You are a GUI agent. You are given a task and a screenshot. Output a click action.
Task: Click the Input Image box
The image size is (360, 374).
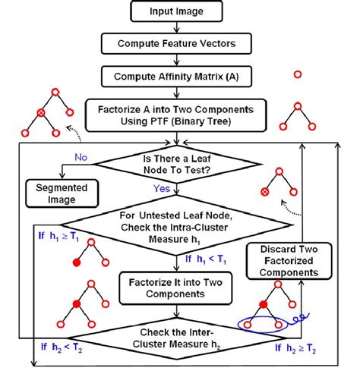[x=176, y=12]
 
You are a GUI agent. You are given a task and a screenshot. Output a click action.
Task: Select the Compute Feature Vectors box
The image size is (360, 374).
[x=176, y=44]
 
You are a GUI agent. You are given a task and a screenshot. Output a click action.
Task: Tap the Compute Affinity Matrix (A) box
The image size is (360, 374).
[x=176, y=77]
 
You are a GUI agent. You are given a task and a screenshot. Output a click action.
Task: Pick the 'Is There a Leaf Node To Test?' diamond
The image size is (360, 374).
[x=176, y=165]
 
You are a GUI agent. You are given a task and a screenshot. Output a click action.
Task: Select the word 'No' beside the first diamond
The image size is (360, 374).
[x=81, y=158]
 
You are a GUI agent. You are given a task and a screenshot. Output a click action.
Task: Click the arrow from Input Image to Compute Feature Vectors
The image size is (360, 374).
[x=176, y=28]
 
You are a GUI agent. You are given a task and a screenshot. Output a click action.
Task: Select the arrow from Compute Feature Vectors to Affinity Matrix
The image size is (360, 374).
[x=176, y=61]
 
